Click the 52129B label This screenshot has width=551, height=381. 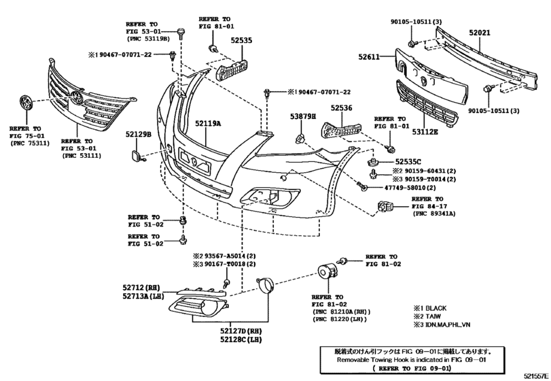(137, 135)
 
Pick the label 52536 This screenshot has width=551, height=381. (342, 108)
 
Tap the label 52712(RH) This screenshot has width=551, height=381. (140, 287)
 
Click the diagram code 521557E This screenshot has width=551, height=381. (535, 376)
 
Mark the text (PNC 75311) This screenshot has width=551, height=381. (25, 144)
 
